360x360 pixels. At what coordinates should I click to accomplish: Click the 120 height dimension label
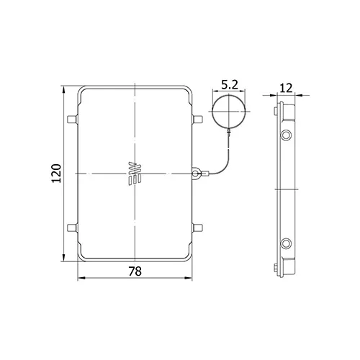click(x=57, y=174)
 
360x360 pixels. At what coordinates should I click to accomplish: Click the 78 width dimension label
click(x=135, y=271)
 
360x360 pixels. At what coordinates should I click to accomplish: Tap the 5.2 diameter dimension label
click(x=229, y=85)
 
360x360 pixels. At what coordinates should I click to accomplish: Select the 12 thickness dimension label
click(x=287, y=88)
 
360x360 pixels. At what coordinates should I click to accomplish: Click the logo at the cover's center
click(x=135, y=174)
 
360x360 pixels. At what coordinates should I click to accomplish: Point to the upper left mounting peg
click(x=72, y=120)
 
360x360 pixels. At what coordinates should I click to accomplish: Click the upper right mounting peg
click(x=198, y=120)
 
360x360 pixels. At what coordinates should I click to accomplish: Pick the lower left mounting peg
click(x=72, y=228)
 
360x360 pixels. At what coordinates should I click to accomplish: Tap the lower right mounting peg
click(x=198, y=228)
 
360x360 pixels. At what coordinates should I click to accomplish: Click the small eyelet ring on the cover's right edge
click(x=196, y=173)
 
